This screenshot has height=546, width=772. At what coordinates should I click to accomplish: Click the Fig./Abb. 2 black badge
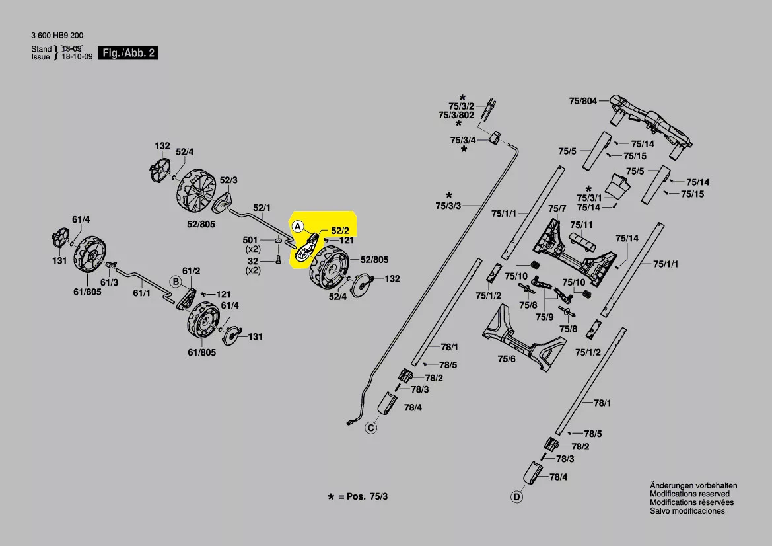point(129,52)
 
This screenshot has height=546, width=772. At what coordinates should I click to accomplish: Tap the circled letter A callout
point(298,226)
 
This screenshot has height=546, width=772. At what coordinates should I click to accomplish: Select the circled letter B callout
point(176,282)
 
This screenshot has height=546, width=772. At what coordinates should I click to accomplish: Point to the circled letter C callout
point(371,428)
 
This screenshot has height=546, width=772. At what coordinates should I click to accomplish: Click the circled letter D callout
point(517,496)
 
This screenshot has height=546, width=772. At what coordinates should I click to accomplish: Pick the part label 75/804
point(582,101)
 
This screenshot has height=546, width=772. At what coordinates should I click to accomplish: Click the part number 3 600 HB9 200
point(57,35)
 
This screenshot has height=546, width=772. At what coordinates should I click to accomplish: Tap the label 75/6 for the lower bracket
point(507,358)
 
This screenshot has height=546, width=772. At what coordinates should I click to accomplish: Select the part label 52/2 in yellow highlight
point(339,231)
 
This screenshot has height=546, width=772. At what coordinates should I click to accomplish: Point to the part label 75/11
point(581,225)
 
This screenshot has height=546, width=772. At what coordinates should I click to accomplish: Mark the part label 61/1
point(142,292)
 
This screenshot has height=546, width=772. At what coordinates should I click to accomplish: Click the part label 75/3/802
point(456,115)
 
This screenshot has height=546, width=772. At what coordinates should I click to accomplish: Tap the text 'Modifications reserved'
point(689,494)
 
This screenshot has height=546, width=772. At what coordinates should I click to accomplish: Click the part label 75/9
point(544,317)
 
